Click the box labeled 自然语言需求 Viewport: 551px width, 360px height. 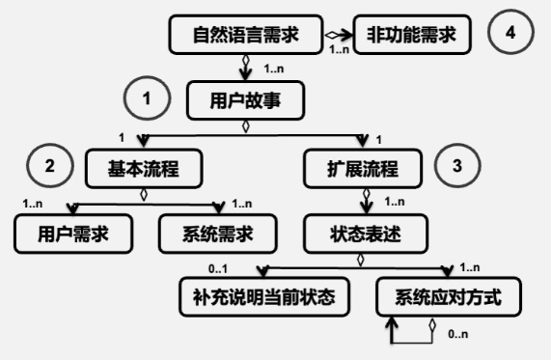pyautogui.click(x=246, y=36)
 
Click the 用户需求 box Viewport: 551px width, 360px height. pyautogui.click(x=73, y=235)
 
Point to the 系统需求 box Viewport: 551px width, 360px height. pyautogui.click(x=216, y=235)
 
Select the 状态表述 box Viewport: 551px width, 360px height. pyautogui.click(x=363, y=235)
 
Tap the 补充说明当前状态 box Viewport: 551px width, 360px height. pyautogui.click(x=263, y=298)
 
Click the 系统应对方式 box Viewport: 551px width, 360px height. pyautogui.click(x=449, y=298)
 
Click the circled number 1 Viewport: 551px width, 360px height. pyautogui.click(x=148, y=98)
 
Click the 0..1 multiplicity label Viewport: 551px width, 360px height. pyautogui.click(x=218, y=267)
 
